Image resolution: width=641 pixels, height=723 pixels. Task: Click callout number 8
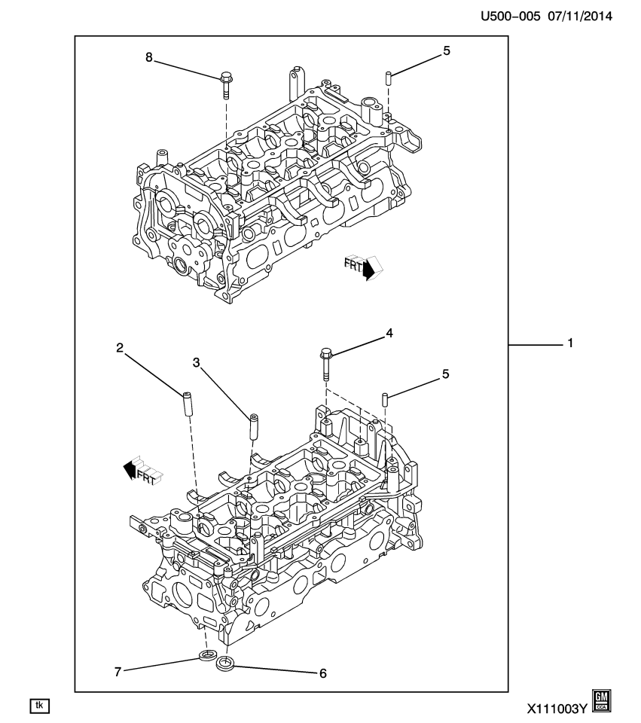pos(149,56)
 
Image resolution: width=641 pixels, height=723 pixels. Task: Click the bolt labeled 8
pos(226,85)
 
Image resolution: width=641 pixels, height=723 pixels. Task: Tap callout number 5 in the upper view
pos(447,52)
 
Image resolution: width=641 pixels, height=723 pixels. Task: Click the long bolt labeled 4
pos(325,365)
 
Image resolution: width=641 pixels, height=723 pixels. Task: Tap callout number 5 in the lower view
pos(446,373)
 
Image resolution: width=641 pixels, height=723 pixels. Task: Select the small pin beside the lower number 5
pos(385,398)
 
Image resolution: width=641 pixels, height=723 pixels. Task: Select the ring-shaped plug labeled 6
pos(225,665)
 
